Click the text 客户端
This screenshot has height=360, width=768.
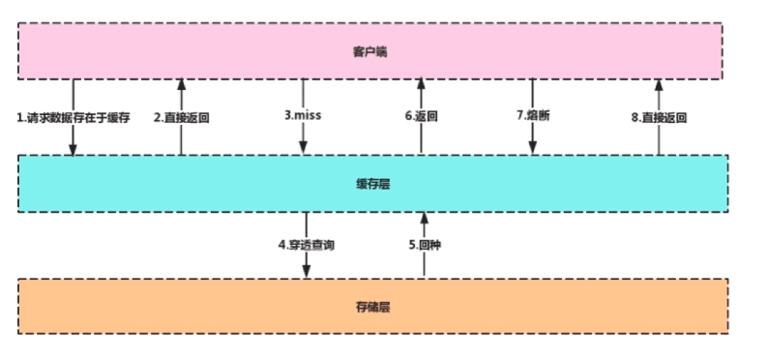(370, 51)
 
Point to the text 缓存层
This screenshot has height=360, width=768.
(370, 182)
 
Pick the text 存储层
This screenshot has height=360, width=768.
(370, 307)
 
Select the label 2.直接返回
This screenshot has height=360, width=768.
(182, 117)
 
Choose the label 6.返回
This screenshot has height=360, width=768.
(422, 116)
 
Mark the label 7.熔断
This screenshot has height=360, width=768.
(533, 116)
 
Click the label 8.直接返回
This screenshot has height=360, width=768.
(659, 117)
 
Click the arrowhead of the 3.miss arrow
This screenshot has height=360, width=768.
(304, 147)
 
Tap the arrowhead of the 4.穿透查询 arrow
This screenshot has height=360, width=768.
(307, 272)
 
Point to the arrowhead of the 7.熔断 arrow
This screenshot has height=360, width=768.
(532, 147)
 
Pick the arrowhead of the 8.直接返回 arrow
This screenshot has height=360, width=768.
(658, 86)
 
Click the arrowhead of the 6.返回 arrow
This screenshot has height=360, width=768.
(421, 86)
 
